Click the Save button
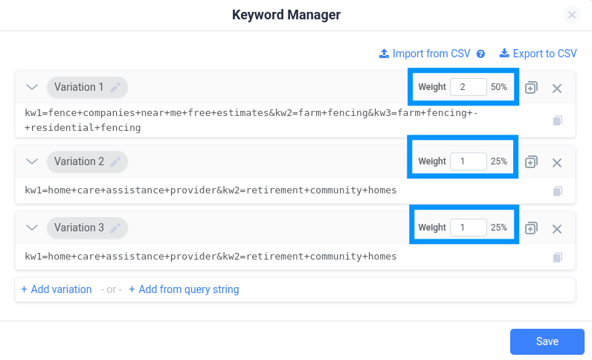pos(547,341)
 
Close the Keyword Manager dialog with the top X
pos(572,15)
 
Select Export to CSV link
pos(538,54)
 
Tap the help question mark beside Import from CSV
pos(480,54)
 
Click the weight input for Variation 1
pos(468,87)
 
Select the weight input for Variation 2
pos(468,161)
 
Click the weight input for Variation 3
pos(468,228)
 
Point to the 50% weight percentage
pos(499,87)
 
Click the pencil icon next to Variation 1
pos(115,87)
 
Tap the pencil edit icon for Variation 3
pos(115,228)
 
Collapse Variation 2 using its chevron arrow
pos(32,161)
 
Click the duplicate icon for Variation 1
pos(531,88)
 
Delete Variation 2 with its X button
pos(557,163)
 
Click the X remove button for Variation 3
pos(557,229)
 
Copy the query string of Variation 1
pos(558,120)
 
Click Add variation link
pos(57,289)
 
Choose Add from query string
pos(184,289)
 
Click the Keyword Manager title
pos(286,15)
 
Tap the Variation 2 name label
pos(79,161)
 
